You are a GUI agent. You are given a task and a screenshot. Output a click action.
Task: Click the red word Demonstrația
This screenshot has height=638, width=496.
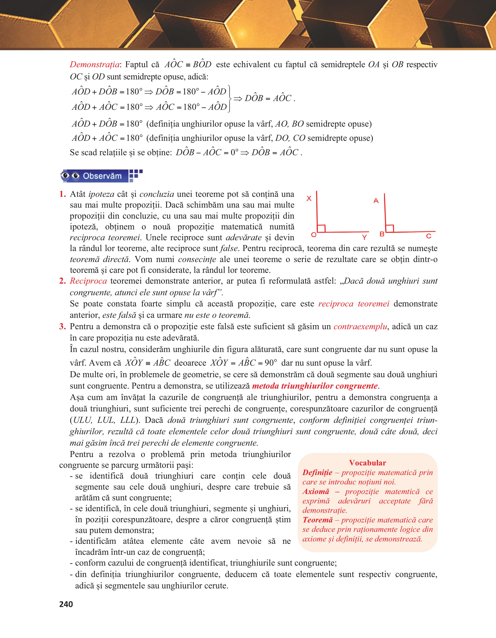click(x=94, y=65)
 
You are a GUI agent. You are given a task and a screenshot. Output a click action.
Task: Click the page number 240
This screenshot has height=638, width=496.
click(x=66, y=604)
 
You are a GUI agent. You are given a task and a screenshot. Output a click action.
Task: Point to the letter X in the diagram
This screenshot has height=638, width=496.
click(x=309, y=199)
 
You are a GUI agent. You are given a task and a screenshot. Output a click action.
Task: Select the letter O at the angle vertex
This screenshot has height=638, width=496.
click(x=313, y=235)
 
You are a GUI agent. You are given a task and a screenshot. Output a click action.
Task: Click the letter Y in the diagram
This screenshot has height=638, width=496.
click(x=364, y=237)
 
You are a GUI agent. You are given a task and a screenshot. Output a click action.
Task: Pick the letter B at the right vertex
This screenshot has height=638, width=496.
click(x=382, y=234)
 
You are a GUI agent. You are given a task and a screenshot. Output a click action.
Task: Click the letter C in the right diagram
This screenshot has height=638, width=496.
click(x=429, y=236)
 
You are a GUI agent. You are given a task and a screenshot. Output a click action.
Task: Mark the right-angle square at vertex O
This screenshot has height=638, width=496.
click(x=321, y=228)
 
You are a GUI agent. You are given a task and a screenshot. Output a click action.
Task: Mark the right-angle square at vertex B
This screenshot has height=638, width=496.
click(x=390, y=228)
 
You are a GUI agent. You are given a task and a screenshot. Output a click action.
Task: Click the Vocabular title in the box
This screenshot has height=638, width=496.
click(x=367, y=463)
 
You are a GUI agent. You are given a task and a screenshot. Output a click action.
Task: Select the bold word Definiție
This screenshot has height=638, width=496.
click(x=317, y=473)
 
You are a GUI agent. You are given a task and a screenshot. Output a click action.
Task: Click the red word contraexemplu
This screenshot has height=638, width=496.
click(x=360, y=327)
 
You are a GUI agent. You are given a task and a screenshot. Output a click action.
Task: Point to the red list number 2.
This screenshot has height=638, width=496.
click(x=62, y=281)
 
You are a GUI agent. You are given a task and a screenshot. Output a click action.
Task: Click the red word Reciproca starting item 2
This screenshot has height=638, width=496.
click(x=88, y=281)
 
